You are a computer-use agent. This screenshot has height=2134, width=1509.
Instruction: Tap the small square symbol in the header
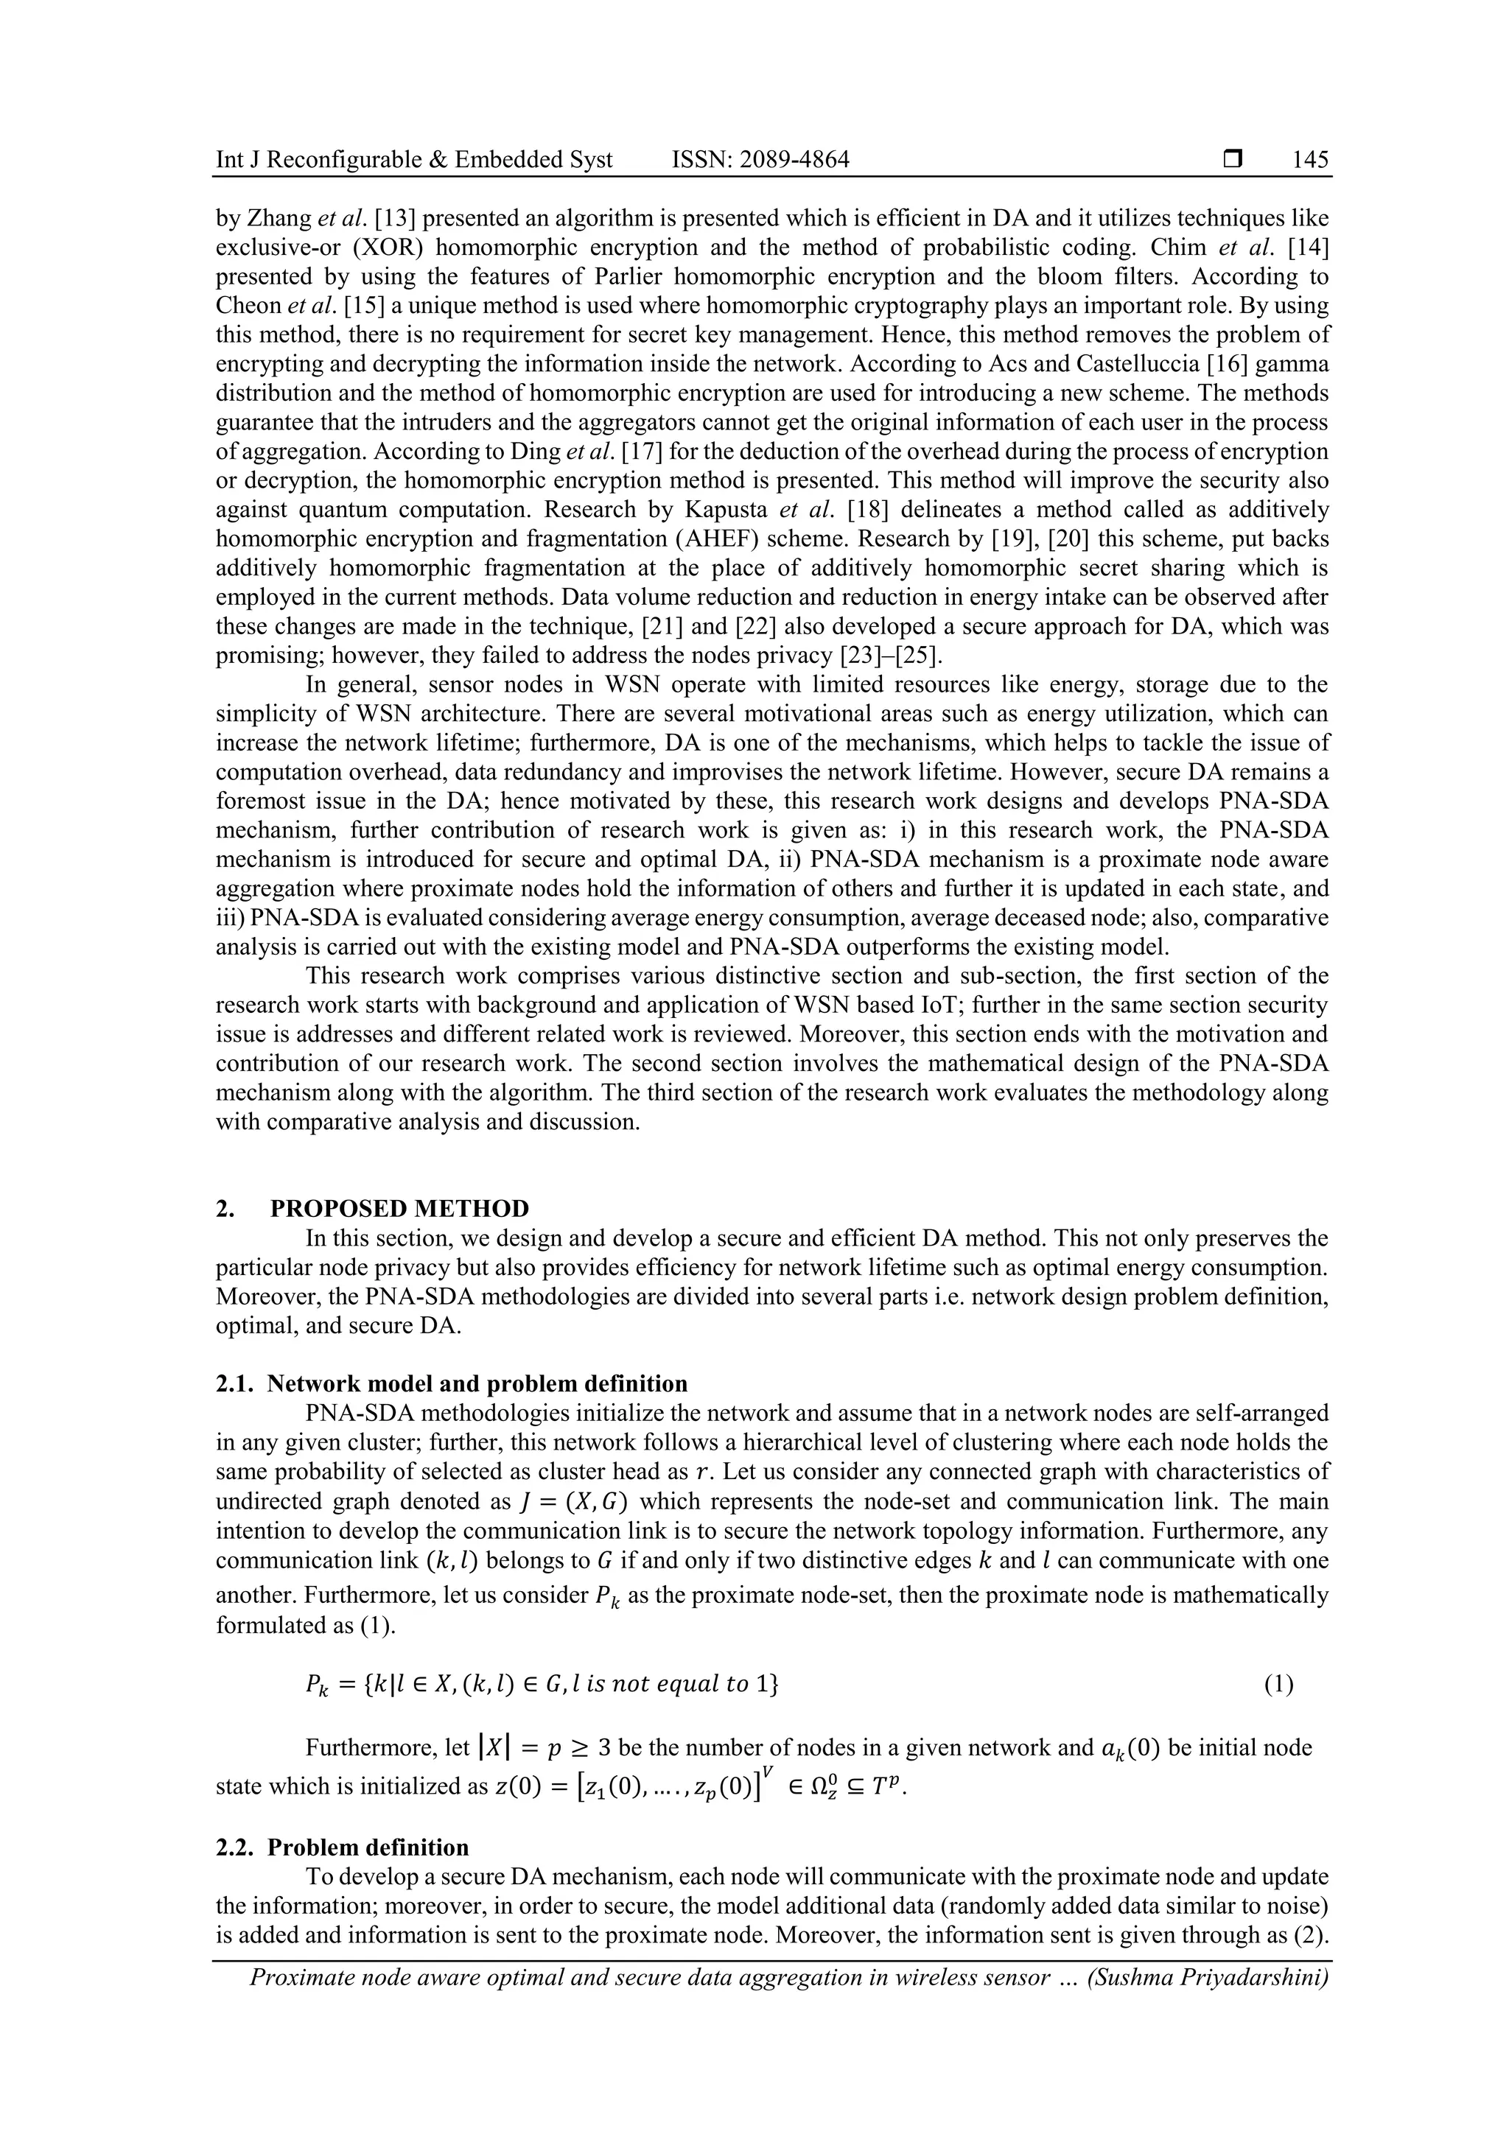[1233, 160]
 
